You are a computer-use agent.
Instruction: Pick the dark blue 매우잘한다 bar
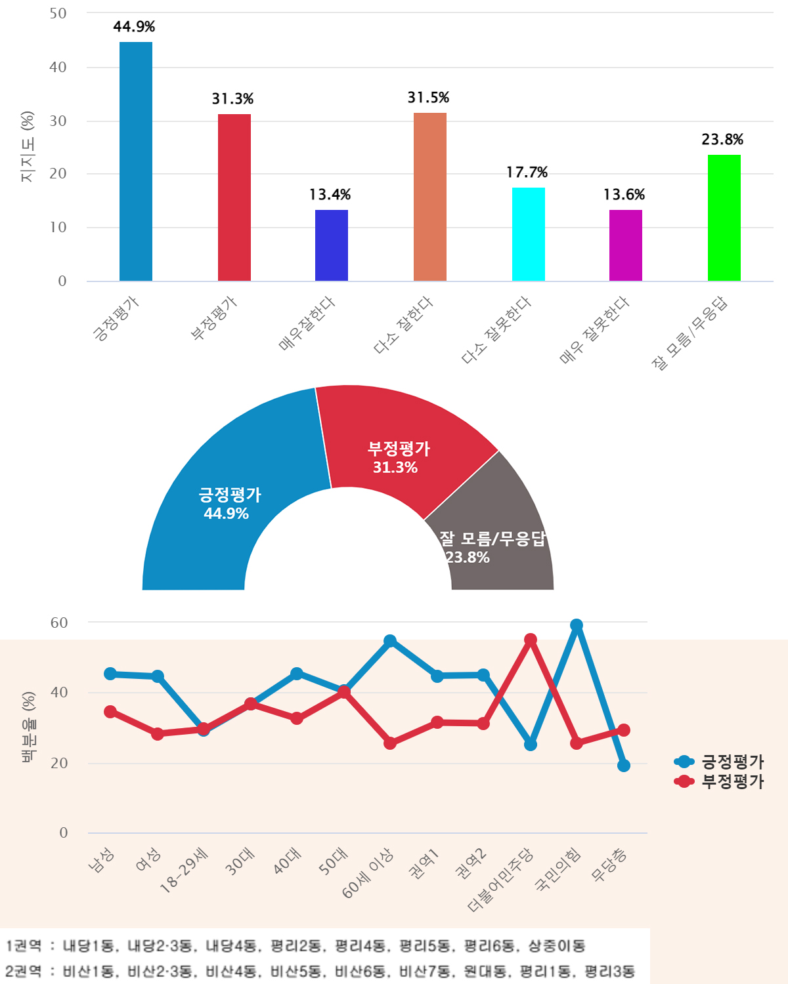click(x=332, y=245)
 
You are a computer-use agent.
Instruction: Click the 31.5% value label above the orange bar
click(x=428, y=98)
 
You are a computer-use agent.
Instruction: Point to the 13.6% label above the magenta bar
click(x=624, y=195)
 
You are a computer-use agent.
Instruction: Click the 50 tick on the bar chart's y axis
click(x=58, y=14)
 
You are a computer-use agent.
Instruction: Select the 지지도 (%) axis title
click(x=27, y=147)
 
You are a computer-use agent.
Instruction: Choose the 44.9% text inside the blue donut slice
click(x=226, y=514)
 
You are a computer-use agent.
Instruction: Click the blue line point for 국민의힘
click(x=577, y=625)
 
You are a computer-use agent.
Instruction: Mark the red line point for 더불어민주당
click(x=531, y=640)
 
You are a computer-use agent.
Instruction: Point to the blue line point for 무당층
click(x=624, y=766)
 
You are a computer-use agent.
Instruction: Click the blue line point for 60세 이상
click(x=390, y=641)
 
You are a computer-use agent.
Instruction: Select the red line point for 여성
click(x=158, y=733)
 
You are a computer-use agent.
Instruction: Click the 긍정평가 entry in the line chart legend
click(x=732, y=762)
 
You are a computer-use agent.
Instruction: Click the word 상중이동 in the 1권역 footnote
click(x=556, y=946)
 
